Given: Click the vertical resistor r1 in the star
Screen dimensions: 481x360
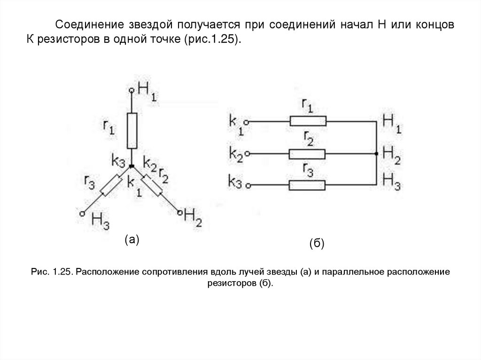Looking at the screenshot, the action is (132, 131).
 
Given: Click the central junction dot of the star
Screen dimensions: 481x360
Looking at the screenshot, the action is (132, 167).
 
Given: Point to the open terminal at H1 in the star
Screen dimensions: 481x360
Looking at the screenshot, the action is (132, 90).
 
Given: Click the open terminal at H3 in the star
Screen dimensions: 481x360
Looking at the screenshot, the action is (82, 213).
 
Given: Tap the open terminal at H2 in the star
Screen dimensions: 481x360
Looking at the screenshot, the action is (179, 214).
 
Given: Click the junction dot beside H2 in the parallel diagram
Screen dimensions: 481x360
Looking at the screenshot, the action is (376, 153).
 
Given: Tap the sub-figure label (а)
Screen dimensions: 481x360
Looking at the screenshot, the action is (132, 240).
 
